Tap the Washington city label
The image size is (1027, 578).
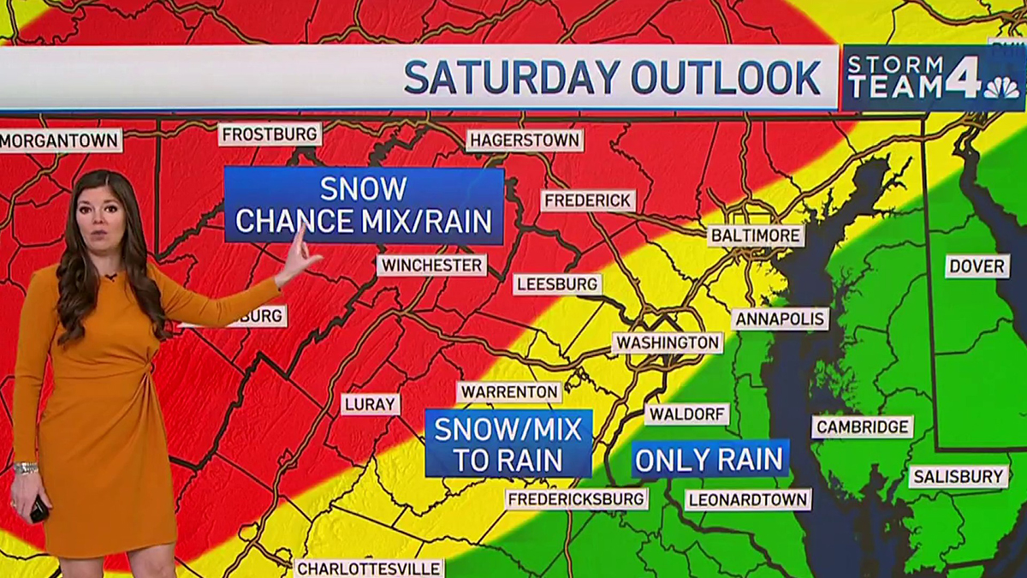[668, 343]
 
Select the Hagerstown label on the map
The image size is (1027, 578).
[525, 140]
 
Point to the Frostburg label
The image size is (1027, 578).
[270, 134]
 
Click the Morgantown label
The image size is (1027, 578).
[60, 140]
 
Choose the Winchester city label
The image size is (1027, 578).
[431, 265]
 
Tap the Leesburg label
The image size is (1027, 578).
[557, 284]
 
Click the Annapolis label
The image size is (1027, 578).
[780, 319]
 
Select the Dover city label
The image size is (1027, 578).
[977, 266]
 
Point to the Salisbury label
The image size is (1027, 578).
[958, 476]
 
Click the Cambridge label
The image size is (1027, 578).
[862, 426]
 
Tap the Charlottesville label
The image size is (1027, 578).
[369, 569]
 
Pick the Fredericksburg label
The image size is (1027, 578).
[576, 498]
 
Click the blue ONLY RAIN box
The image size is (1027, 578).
[709, 459]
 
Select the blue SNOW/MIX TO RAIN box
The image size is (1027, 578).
[508, 444]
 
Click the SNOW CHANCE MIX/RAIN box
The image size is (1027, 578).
[364, 206]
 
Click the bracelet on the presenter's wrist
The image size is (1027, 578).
[26, 468]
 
